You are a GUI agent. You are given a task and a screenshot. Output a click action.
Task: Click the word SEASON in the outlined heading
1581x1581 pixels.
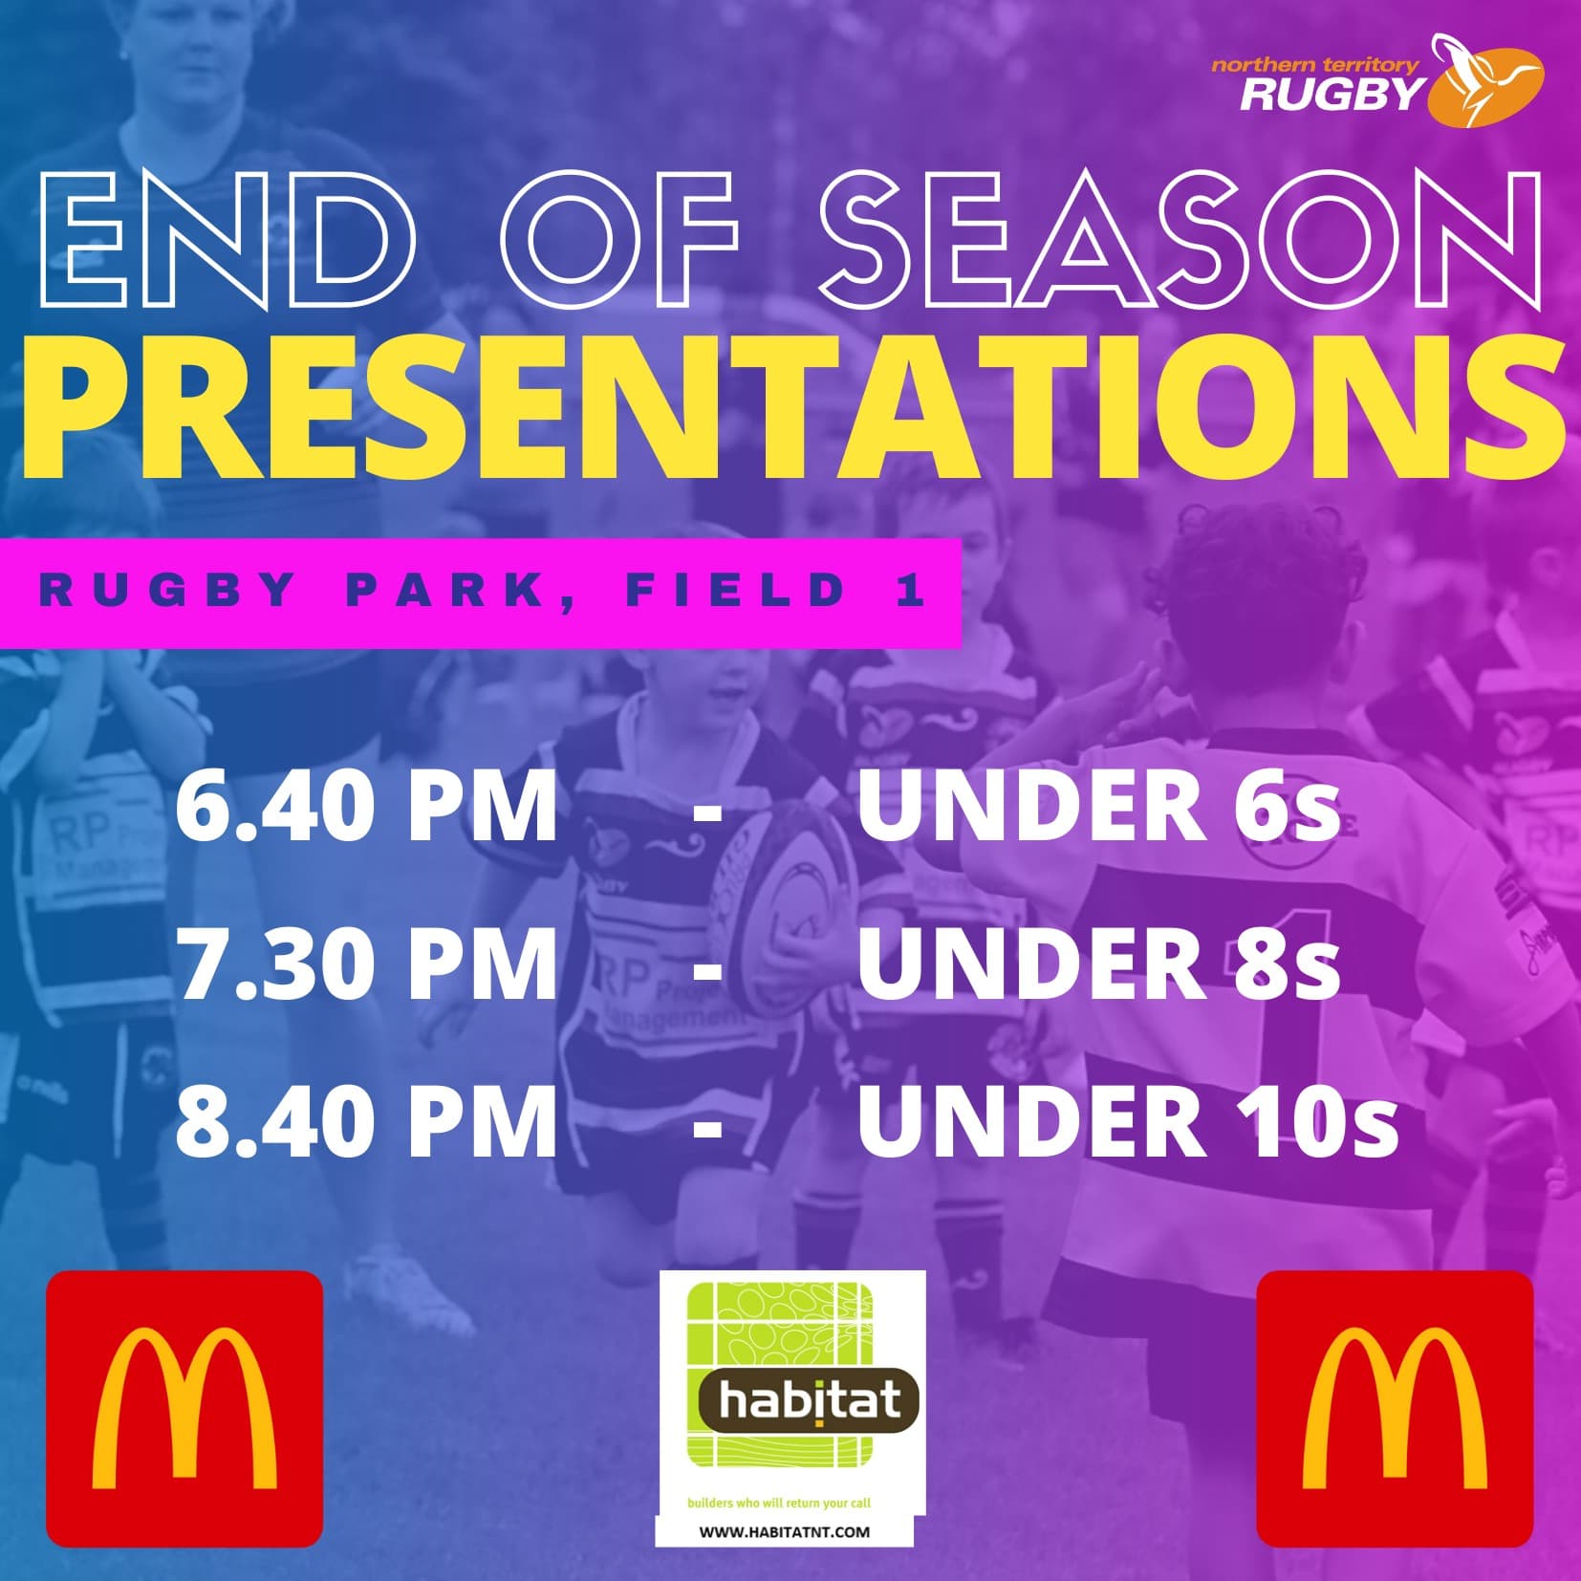pyautogui.click(x=1180, y=240)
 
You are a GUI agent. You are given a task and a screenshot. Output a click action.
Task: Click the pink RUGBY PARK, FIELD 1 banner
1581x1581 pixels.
pyautogui.click(x=480, y=592)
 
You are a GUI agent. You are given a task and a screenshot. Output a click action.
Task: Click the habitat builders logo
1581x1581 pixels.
pyautogui.click(x=790, y=1408)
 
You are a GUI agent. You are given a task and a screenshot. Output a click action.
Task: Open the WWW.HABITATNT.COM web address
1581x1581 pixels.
pyautogui.click(x=785, y=1531)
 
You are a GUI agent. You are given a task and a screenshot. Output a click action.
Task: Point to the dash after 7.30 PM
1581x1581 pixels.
pyautogui.click(x=706, y=968)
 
